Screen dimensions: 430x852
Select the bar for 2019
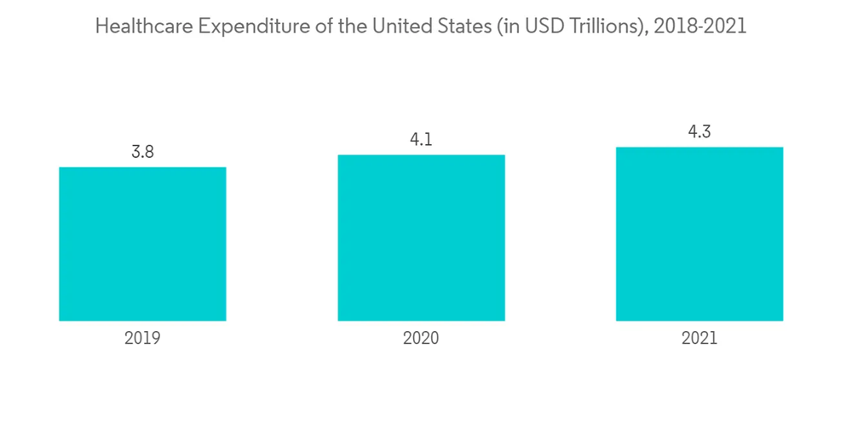click(142, 244)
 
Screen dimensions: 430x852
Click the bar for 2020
click(421, 238)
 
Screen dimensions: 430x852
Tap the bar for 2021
click(699, 234)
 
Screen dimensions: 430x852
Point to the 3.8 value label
click(142, 152)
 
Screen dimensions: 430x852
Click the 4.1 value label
click(421, 140)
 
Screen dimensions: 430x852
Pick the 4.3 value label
click(699, 131)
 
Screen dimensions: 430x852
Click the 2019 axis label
click(142, 339)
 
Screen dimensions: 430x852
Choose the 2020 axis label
click(421, 339)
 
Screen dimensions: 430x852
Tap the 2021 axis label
click(699, 339)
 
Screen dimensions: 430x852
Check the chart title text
click(421, 26)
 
